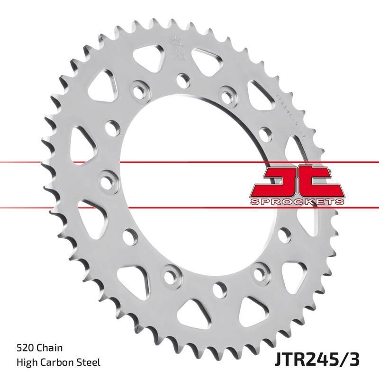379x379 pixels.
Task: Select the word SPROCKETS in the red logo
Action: [296, 201]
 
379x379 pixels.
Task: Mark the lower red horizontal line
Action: [189, 207]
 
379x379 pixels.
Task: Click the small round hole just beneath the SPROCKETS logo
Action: [284, 232]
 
